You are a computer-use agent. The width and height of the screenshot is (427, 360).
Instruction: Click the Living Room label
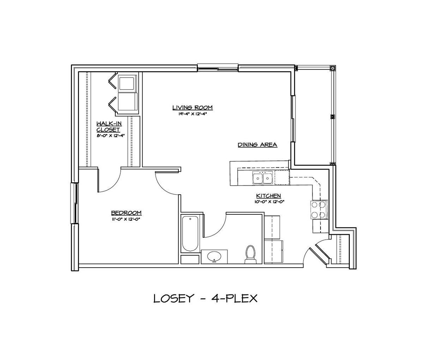tap(193, 108)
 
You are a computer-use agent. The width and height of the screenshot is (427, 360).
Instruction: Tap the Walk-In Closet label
tap(109, 127)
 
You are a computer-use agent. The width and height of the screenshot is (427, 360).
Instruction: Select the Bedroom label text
tap(126, 213)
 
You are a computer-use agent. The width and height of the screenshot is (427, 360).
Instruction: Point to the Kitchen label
tap(269, 196)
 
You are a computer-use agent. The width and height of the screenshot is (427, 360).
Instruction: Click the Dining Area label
tap(257, 145)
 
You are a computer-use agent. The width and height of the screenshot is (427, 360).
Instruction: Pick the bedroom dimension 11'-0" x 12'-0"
tap(127, 219)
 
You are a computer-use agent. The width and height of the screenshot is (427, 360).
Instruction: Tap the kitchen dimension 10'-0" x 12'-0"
tap(269, 202)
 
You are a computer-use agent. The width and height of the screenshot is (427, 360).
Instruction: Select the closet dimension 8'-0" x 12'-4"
tap(111, 135)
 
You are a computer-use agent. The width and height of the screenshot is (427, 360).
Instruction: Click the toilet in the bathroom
tap(250, 255)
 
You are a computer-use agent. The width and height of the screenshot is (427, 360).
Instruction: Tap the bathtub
tap(190, 233)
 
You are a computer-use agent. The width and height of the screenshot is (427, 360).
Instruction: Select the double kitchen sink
tap(263, 178)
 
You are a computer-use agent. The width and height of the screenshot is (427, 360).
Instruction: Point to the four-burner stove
tap(319, 210)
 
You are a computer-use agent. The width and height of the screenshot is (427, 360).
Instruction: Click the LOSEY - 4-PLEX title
tap(205, 299)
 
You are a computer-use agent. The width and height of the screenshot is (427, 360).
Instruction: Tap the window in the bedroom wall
tap(74, 203)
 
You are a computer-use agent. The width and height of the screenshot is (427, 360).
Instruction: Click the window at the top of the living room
tap(218, 68)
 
